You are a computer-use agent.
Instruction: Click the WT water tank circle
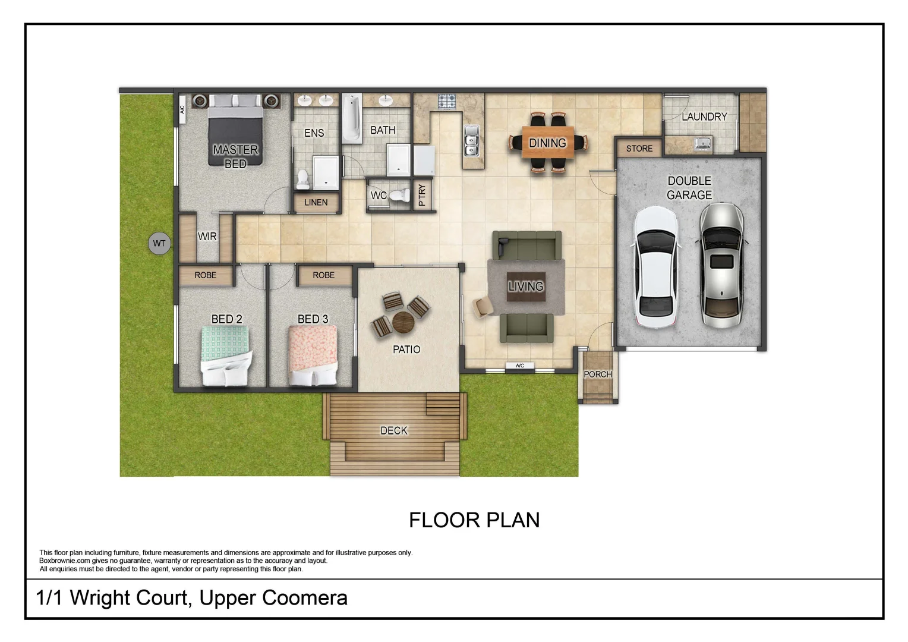159,243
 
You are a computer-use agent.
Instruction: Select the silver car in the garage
721,265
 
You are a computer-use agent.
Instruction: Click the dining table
547,143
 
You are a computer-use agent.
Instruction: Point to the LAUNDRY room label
704,117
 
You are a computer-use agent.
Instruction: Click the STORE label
639,149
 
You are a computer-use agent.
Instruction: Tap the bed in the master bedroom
235,134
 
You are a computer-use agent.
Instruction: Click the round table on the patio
403,323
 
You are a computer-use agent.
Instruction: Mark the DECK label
394,430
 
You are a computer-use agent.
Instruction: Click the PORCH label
597,374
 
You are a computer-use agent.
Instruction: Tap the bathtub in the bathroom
352,118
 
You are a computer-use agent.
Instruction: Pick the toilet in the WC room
400,195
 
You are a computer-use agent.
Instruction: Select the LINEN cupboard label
316,203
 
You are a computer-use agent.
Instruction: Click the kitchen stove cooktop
447,102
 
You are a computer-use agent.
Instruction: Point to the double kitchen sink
472,140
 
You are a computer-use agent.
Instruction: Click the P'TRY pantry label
422,195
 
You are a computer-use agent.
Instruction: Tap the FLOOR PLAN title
474,520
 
